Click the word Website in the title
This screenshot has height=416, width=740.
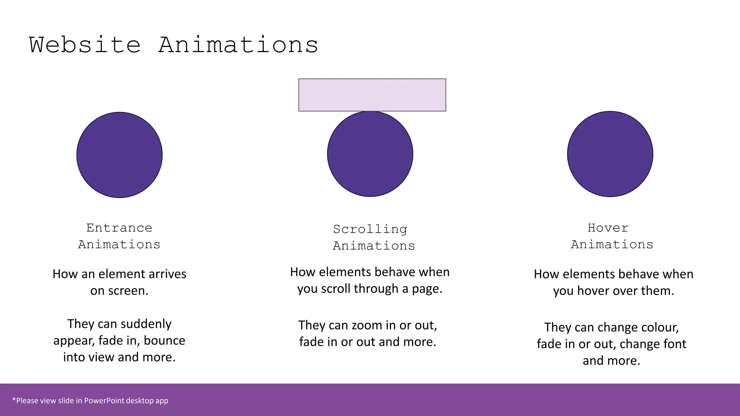pyautogui.click(x=85, y=45)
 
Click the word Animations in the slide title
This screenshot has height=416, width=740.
pyautogui.click(x=238, y=45)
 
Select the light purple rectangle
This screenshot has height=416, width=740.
pyautogui.click(x=372, y=95)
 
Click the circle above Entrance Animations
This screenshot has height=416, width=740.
pyautogui.click(x=120, y=155)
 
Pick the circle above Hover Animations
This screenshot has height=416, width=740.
pyautogui.click(x=610, y=154)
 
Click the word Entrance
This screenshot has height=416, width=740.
pyautogui.click(x=119, y=228)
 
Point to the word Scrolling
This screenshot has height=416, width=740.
pyautogui.click(x=370, y=229)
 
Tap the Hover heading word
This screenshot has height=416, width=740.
pyautogui.click(x=608, y=228)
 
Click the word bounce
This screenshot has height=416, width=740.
pyautogui.click(x=164, y=341)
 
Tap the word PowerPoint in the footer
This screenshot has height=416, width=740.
pyautogui.click(x=104, y=400)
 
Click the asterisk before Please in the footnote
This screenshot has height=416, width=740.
pyautogui.click(x=14, y=400)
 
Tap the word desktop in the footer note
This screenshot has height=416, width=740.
pyautogui.click(x=140, y=400)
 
